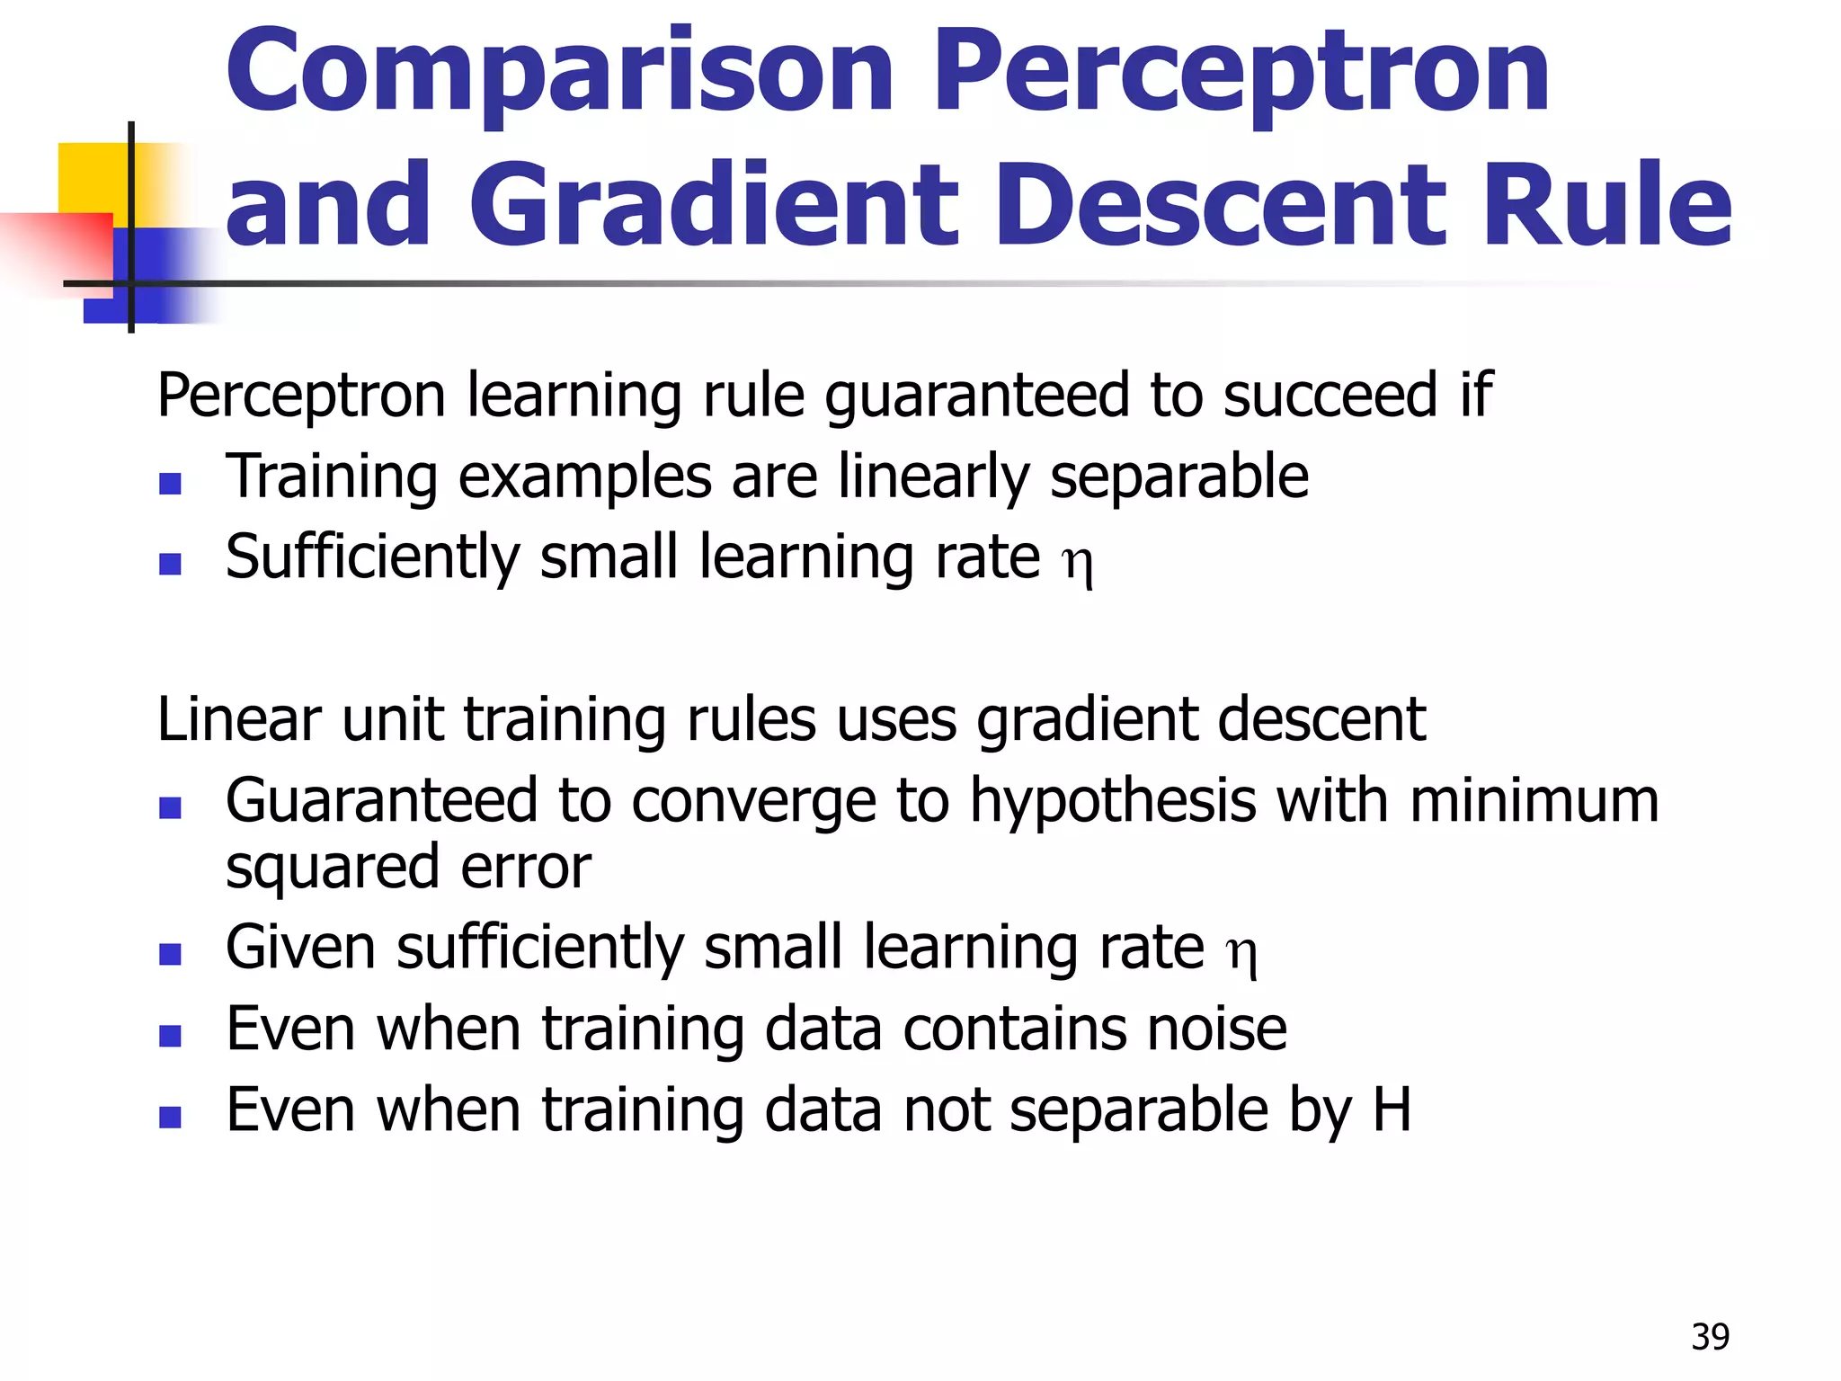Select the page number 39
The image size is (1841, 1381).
[x=1710, y=1337]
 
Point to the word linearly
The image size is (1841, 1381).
[x=934, y=477]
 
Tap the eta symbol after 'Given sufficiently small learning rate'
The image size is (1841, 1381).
[x=1241, y=952]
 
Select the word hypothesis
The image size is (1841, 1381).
[x=1113, y=800]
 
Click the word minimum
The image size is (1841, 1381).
[x=1534, y=800]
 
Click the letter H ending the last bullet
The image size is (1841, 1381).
[x=1392, y=1109]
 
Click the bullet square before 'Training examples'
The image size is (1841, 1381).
[x=170, y=484]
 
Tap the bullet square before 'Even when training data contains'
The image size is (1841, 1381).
[x=170, y=1036]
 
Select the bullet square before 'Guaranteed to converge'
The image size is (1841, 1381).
[x=170, y=807]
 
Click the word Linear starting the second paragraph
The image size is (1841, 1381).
[x=238, y=720]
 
